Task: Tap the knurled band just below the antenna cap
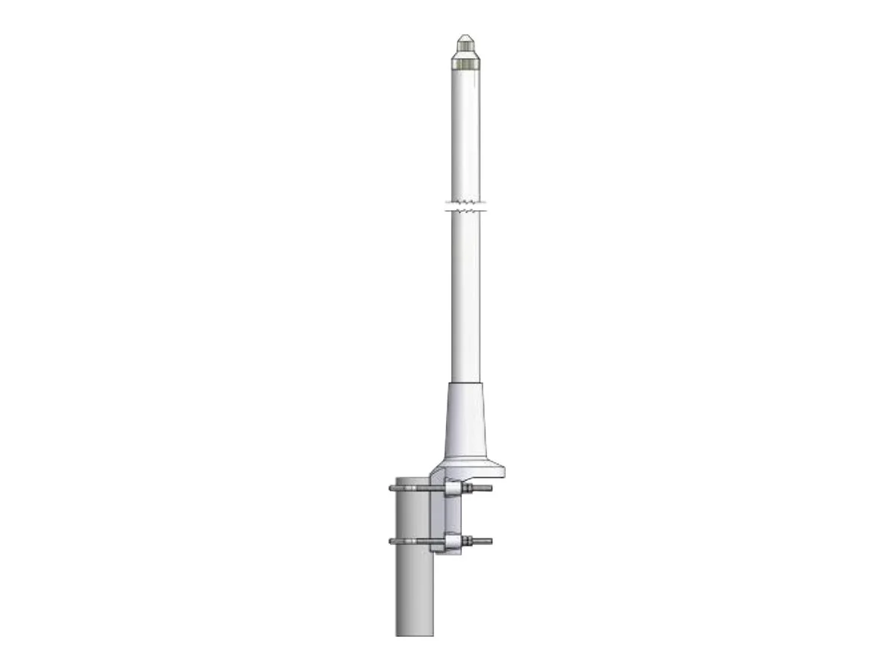click(465, 63)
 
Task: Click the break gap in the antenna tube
click(465, 206)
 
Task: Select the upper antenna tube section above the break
click(465, 134)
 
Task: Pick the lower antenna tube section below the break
click(465, 298)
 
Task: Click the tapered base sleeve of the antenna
click(465, 421)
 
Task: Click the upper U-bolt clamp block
click(453, 489)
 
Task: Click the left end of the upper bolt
click(392, 489)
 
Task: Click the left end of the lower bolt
click(392, 541)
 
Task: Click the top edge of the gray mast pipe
click(414, 479)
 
